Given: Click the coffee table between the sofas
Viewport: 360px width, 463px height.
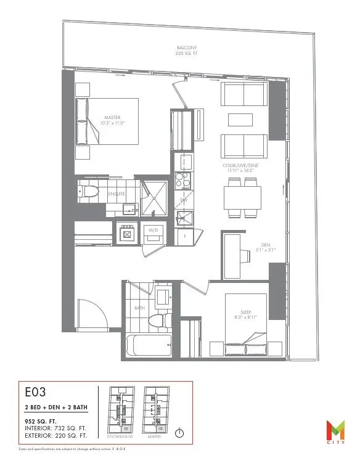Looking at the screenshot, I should click(245, 120).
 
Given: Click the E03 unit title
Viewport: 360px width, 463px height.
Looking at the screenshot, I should click(35, 392).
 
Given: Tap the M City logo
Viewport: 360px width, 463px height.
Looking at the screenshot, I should click(336, 430).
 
